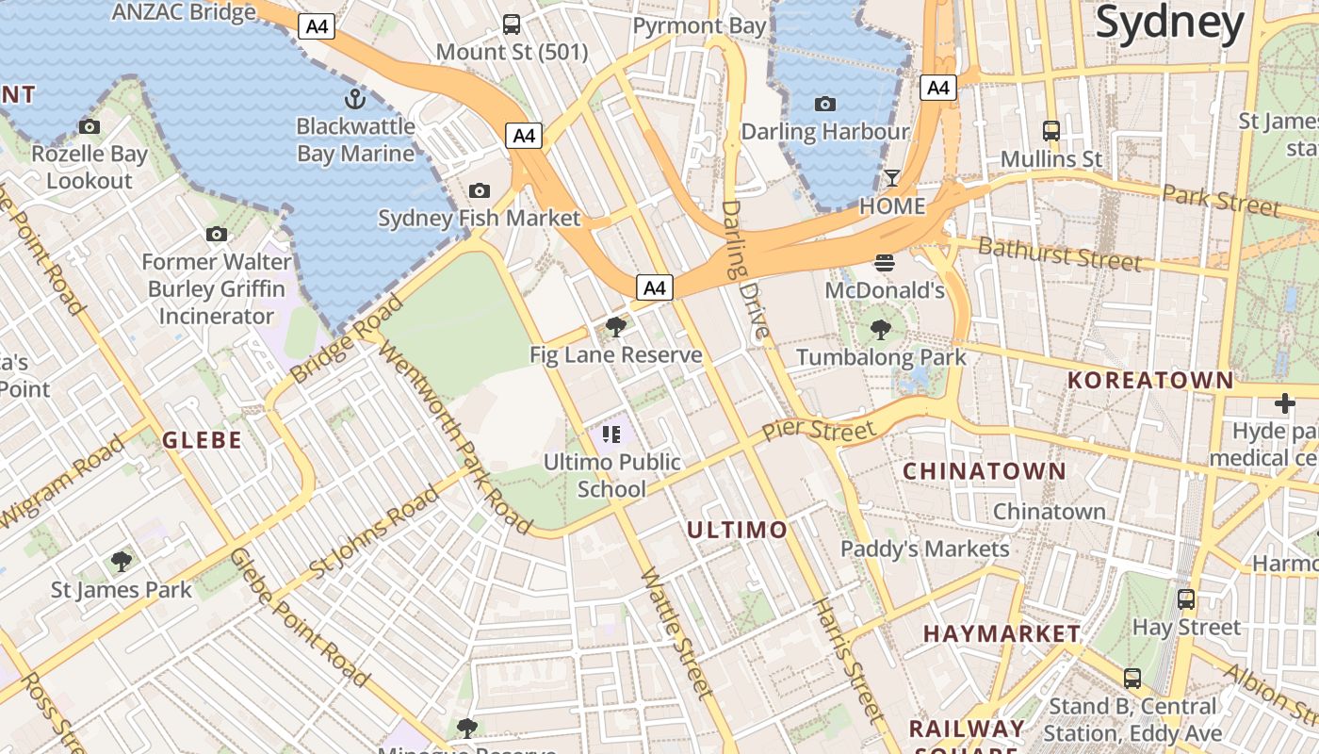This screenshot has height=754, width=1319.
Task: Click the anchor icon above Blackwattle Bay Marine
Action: click(x=355, y=98)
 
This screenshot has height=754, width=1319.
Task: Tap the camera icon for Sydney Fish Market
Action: click(x=479, y=191)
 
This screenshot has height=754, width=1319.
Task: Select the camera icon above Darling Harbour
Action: click(x=825, y=104)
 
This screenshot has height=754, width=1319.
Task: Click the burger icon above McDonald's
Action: click(x=884, y=262)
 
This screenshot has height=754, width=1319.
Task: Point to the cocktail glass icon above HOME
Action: click(x=892, y=178)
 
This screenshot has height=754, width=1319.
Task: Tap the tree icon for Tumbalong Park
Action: click(x=881, y=329)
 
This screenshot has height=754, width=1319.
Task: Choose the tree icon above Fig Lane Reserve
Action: click(x=616, y=327)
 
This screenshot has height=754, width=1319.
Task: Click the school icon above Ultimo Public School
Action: click(x=611, y=434)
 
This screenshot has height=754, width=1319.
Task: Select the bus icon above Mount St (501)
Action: click(x=512, y=25)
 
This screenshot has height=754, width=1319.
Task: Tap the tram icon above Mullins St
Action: click(x=1051, y=131)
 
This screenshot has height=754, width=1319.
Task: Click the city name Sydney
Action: click(x=1170, y=23)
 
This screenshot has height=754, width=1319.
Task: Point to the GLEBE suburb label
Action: click(x=203, y=440)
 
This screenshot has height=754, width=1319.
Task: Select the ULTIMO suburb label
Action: click(x=737, y=531)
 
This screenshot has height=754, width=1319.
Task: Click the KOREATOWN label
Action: click(x=1150, y=381)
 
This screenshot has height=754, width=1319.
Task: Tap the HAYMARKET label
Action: click(x=1001, y=633)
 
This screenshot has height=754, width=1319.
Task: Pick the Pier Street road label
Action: click(x=819, y=430)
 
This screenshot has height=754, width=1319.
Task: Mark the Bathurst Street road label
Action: click(x=1059, y=254)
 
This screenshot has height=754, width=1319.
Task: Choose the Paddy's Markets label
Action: click(x=924, y=549)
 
